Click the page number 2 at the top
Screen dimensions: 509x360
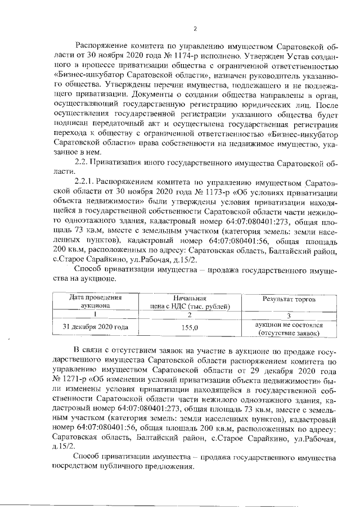click(194, 29)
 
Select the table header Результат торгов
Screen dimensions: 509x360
click(288, 299)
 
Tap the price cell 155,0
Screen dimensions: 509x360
click(191, 326)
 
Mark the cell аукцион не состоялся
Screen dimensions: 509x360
click(288, 325)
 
